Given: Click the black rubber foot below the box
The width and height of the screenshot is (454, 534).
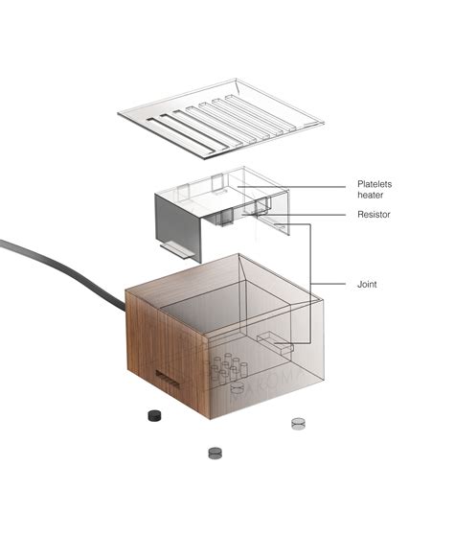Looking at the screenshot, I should point(152,415).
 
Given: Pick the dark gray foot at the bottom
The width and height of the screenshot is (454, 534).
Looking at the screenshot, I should point(216,453).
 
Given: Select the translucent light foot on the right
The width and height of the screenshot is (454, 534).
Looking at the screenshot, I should point(298,422).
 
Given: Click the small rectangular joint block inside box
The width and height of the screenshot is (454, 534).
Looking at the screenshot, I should point(274,342).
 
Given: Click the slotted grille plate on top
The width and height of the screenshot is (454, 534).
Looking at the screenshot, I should point(220,119).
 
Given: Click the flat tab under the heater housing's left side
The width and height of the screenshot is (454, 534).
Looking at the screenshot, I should point(177,251).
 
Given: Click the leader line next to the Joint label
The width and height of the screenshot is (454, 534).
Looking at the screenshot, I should point(330,284).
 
